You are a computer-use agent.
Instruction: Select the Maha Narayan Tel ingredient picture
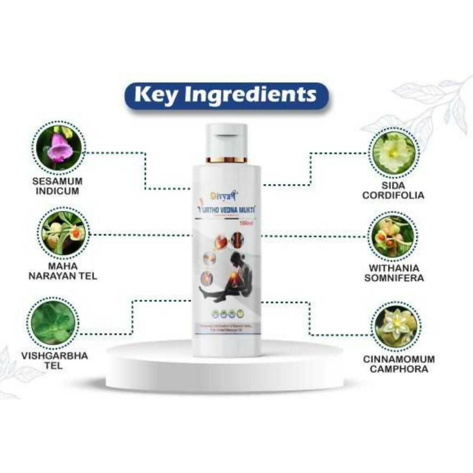coord(62,230)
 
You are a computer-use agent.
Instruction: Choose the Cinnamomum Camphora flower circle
coord(395,320)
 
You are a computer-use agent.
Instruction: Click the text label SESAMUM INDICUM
coord(59,186)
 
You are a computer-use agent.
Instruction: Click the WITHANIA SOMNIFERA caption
coord(395,272)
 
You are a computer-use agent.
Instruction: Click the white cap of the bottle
coord(226,140)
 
